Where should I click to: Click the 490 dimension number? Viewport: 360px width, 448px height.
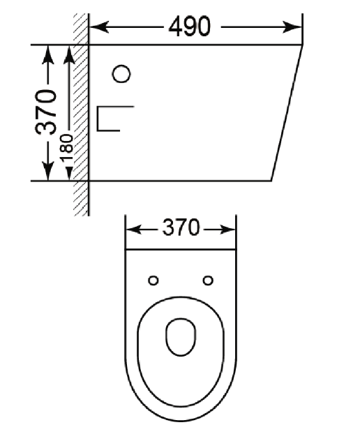190,27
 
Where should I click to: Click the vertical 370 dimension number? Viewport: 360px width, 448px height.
46,112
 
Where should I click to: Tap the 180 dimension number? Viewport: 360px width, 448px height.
66,147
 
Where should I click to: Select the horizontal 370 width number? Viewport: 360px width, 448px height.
181,227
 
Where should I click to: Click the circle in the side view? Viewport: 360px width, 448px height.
121,74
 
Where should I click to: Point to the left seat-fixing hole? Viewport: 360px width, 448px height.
153,281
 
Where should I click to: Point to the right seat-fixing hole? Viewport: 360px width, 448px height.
208,281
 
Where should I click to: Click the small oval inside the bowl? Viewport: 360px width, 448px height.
181,337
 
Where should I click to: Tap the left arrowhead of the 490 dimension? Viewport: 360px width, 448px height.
99,27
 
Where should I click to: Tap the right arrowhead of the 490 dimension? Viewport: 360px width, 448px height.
292,27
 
